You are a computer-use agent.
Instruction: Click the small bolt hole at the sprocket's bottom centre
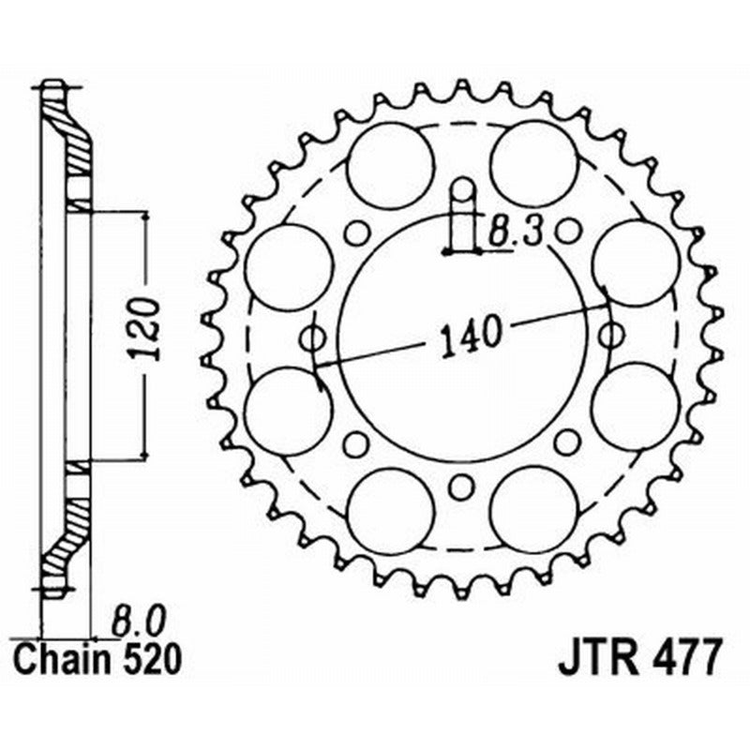point(459,487)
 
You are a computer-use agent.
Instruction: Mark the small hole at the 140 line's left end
point(312,337)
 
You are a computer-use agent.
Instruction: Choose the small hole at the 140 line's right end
point(612,334)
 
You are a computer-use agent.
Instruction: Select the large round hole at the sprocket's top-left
point(391,167)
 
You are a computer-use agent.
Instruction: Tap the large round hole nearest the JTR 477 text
point(534,510)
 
